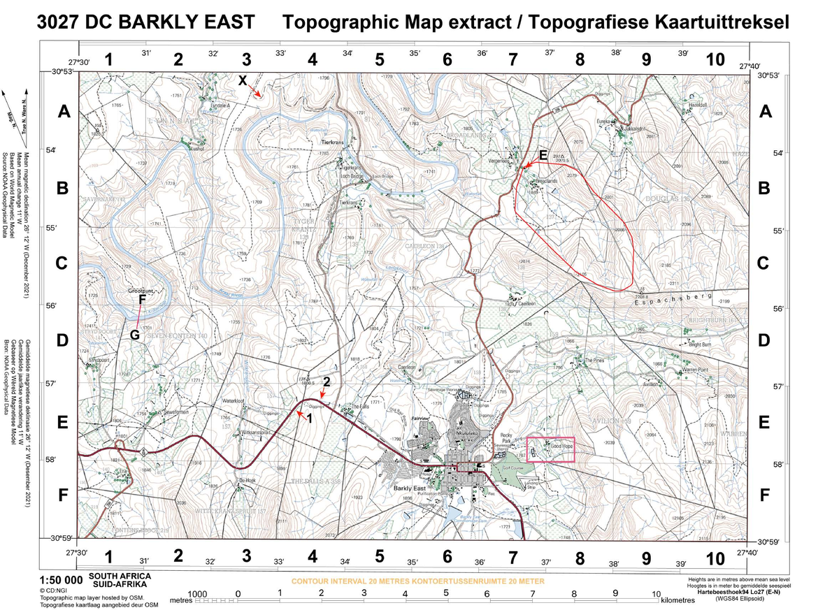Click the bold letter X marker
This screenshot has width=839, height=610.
pos(243,80)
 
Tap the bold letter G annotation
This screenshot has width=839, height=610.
pos(135,335)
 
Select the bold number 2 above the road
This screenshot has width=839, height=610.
pos(326,382)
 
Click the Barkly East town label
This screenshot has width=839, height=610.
pos(409,488)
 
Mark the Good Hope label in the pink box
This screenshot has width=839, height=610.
pos(561,446)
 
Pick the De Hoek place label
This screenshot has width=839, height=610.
pos(248,481)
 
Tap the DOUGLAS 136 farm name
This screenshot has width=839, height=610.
pos(667,199)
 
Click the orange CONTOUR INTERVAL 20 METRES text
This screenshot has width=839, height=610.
pos(417,581)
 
